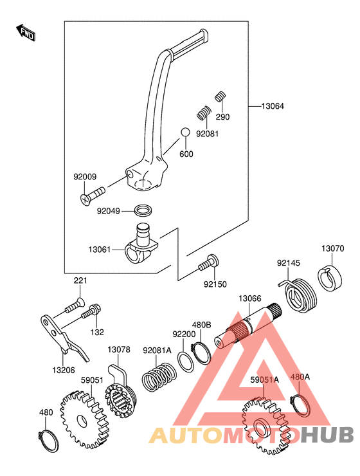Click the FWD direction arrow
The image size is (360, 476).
(x=26, y=32)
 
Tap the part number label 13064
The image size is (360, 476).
(x=273, y=106)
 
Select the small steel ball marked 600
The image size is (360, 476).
(x=185, y=133)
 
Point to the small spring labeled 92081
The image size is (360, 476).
(x=204, y=113)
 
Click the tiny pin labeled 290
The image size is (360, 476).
(x=221, y=96)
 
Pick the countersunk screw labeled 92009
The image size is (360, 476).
(x=93, y=196)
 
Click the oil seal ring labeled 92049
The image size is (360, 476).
(x=143, y=210)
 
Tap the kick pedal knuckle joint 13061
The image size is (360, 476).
(x=141, y=244)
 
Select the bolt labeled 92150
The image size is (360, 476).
(x=210, y=263)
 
